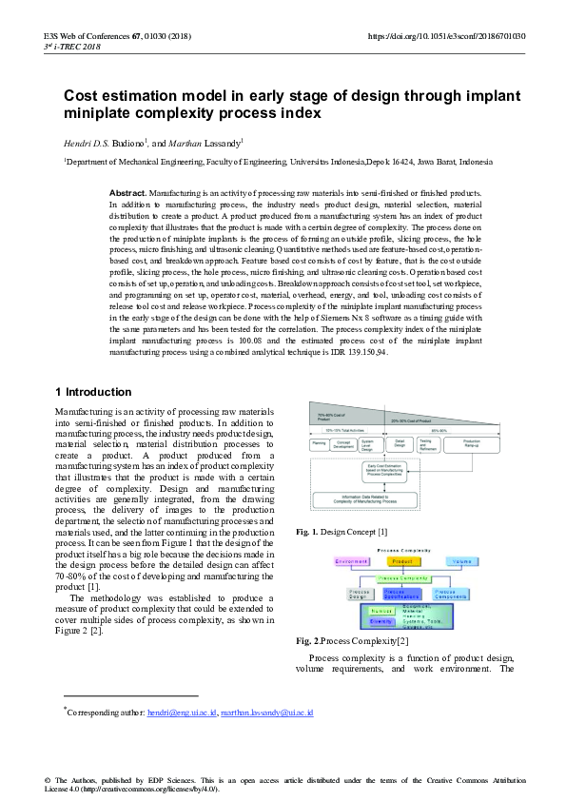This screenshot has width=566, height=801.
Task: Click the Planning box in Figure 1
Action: tap(320, 443)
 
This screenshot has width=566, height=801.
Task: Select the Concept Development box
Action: tap(344, 444)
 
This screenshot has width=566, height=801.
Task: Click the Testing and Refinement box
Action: tap(425, 443)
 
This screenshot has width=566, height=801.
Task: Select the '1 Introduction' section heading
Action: tap(93, 392)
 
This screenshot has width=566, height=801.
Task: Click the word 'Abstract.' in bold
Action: tap(128, 192)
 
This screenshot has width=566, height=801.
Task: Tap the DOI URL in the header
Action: tap(445, 36)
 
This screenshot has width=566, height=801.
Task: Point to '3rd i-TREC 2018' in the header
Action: tap(72, 47)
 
